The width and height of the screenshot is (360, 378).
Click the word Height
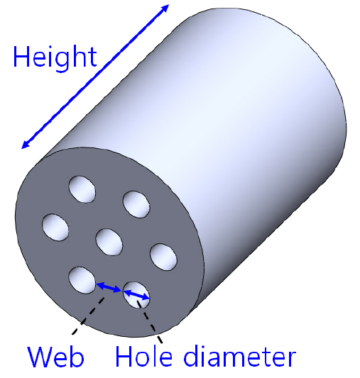[55, 58]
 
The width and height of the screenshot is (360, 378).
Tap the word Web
[55, 356]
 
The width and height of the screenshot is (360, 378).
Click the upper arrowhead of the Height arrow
[165, 8]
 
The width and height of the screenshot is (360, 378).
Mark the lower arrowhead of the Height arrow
[25, 145]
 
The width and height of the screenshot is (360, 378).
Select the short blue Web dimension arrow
[109, 287]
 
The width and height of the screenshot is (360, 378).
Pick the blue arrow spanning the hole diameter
[136, 295]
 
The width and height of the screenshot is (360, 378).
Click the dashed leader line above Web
[88, 316]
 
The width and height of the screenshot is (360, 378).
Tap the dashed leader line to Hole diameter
[150, 321]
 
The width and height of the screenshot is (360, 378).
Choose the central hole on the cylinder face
[109, 242]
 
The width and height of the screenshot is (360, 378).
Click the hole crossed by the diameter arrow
[136, 295]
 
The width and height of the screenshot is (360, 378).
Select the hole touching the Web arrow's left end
[82, 280]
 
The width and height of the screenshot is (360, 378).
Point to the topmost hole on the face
[82, 189]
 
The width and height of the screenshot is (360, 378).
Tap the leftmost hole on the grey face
[55, 227]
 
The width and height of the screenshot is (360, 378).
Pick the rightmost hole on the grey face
[163, 257]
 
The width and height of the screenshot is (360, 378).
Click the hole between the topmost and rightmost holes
[136, 204]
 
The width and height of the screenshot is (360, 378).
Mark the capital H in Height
[21, 56]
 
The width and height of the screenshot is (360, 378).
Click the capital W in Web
[40, 357]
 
